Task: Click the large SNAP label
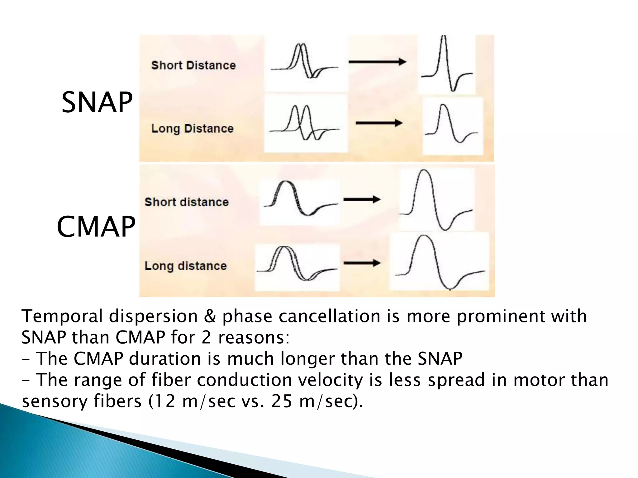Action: pyautogui.click(x=97, y=102)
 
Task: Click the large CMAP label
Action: pyautogui.click(x=96, y=227)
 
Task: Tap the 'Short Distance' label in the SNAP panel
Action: pyautogui.click(x=193, y=65)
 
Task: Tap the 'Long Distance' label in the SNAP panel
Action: pyautogui.click(x=192, y=129)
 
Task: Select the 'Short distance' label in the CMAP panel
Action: pyautogui.click(x=187, y=202)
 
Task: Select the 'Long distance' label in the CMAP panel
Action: pyautogui.click(x=186, y=266)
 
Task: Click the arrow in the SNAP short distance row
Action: pyautogui.click(x=377, y=62)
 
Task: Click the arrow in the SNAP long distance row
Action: pyautogui.click(x=379, y=123)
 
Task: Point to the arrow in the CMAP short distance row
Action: pyautogui.click(x=362, y=199)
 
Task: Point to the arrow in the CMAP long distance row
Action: pyautogui.click(x=362, y=263)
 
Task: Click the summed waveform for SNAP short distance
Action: pyautogui.click(x=447, y=64)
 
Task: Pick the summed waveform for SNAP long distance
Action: pyautogui.click(x=451, y=124)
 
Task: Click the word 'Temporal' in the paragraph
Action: pyautogui.click(x=62, y=316)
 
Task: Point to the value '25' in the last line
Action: pyautogui.click(x=282, y=401)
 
